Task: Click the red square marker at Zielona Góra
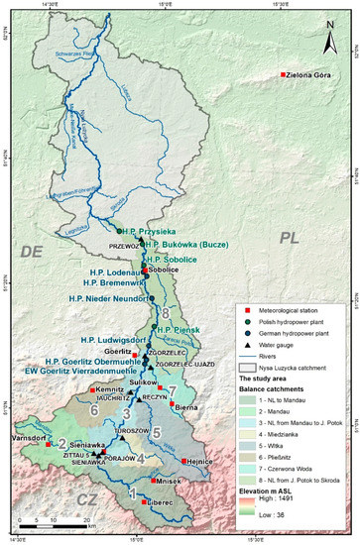coord(283,74)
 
